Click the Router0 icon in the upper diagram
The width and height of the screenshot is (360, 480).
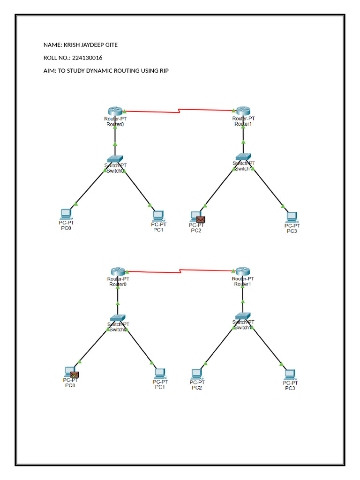point(115,111)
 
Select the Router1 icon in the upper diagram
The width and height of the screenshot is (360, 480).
point(243,111)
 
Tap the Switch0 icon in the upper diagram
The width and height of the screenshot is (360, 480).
point(115,159)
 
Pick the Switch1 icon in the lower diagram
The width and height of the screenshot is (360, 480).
point(243,316)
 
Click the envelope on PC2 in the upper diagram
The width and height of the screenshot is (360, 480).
point(201,219)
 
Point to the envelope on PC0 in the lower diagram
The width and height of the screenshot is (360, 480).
point(74,374)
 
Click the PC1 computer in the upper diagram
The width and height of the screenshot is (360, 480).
point(158,216)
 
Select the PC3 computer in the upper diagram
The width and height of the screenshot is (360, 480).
point(292,217)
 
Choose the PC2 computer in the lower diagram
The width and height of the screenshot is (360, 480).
point(196,374)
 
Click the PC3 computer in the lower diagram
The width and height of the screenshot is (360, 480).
point(291,374)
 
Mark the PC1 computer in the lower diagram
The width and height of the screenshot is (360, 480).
point(159,373)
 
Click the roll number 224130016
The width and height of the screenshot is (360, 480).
point(87,58)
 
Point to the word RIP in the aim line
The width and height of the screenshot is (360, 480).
point(164,71)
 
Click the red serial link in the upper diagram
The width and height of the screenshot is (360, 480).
point(178,111)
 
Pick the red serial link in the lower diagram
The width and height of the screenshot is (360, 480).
point(180,270)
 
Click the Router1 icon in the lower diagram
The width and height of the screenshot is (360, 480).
point(243,271)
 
